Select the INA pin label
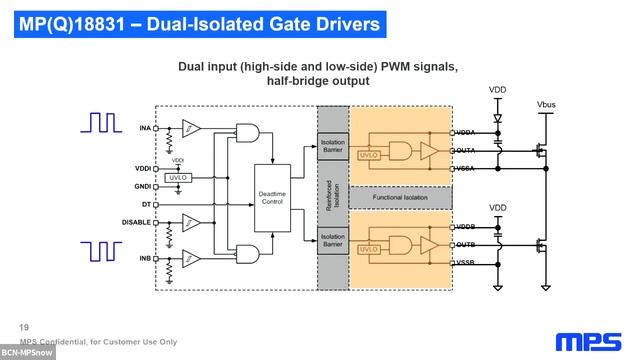tap(144, 128)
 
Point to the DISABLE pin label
tap(136, 222)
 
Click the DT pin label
tap(146, 204)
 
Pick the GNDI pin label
tap(142, 186)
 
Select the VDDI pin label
tap(142, 168)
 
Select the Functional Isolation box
tap(399, 197)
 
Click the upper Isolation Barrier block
tap(332, 146)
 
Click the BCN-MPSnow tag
tap(27, 353)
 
